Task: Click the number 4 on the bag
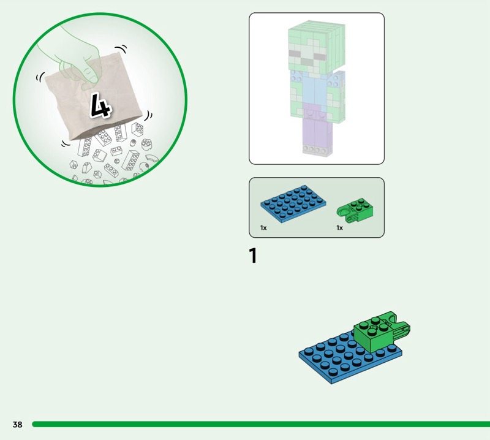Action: point(100,105)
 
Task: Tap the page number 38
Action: point(18,424)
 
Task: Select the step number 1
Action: point(253,256)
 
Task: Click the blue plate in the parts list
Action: point(293,203)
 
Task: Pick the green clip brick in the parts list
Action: point(355,208)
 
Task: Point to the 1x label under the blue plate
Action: point(263,228)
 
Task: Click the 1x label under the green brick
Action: point(340,228)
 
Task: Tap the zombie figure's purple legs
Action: point(315,125)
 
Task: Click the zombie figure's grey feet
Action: point(317,151)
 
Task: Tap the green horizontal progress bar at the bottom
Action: point(261,424)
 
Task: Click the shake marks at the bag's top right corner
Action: point(121,49)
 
